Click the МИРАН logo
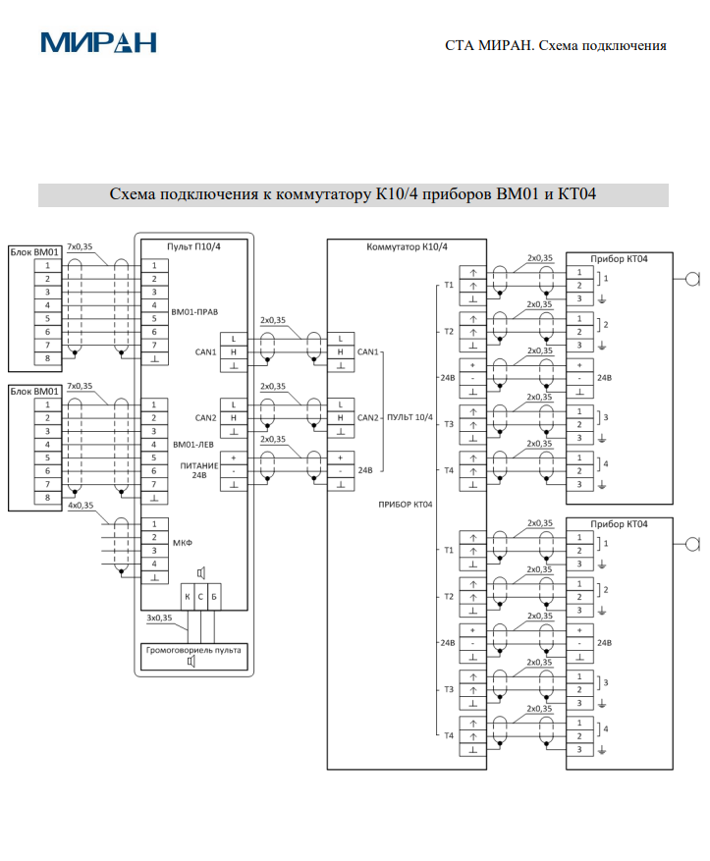click(x=98, y=42)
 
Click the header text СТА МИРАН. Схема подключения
click(x=556, y=45)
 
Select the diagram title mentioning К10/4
click(x=353, y=194)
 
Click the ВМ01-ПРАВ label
click(x=194, y=312)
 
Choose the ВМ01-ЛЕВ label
click(x=192, y=444)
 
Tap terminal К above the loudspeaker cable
click(x=188, y=597)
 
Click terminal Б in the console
click(x=214, y=597)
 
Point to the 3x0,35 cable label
click(x=159, y=619)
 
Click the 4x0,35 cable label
click(x=81, y=506)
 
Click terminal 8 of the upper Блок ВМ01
click(x=46, y=359)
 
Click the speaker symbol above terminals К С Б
click(x=200, y=573)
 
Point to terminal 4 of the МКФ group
click(x=154, y=565)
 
